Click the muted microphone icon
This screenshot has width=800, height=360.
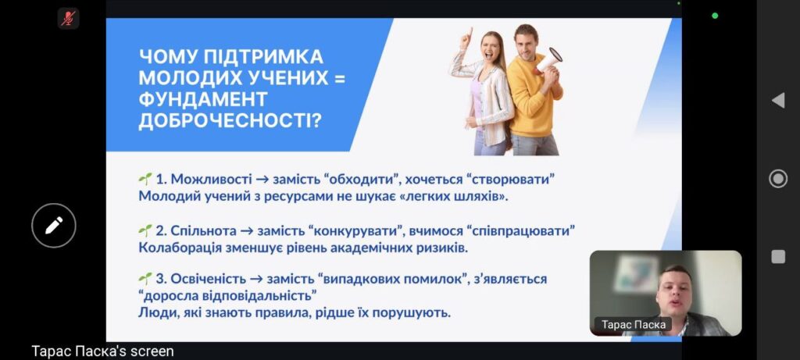pyautogui.click(x=68, y=19)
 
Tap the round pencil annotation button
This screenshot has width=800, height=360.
pyautogui.click(x=54, y=226)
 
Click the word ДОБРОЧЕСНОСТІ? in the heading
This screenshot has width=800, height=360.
pyautogui.click(x=230, y=121)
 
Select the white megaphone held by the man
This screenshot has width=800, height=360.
pyautogui.click(x=548, y=61)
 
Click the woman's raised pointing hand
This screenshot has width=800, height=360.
pyautogui.click(x=466, y=38)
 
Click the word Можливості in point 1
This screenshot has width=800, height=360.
pyautogui.click(x=211, y=180)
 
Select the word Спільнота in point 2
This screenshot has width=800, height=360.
pyautogui.click(x=204, y=231)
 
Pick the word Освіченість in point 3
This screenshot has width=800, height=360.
pyautogui.click(x=209, y=280)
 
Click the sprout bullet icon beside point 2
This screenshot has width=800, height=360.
pyautogui.click(x=145, y=231)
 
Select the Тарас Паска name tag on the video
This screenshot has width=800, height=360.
pyautogui.click(x=633, y=325)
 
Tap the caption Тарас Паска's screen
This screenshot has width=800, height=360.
pyautogui.click(x=102, y=351)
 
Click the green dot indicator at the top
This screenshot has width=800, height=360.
pyautogui.click(x=715, y=16)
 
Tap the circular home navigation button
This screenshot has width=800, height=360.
pyautogui.click(x=778, y=179)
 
